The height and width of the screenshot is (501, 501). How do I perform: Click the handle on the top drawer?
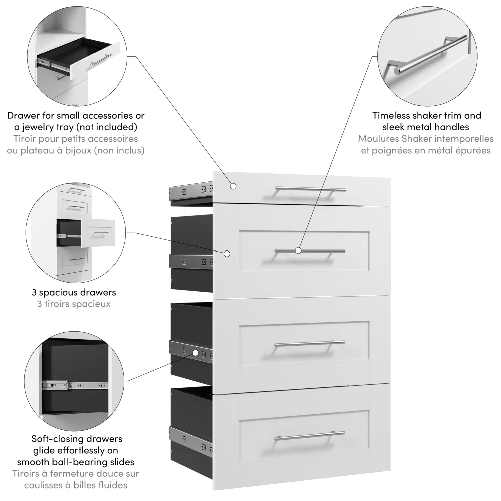[310, 189]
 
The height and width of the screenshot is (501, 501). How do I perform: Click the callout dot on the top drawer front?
[233, 186]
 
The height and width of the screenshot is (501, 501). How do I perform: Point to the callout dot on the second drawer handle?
[298, 249]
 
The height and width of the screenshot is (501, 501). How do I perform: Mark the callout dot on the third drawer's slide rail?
[194, 353]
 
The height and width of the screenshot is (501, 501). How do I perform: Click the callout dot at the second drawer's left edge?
[227, 254]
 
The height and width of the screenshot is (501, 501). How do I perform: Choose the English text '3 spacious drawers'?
[74, 292]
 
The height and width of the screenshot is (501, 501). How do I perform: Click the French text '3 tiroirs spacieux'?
[74, 304]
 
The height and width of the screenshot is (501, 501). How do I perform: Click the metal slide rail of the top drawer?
[191, 190]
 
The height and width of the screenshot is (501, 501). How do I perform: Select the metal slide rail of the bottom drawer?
[191, 436]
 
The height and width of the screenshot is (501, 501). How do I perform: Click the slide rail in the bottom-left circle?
[75, 386]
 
